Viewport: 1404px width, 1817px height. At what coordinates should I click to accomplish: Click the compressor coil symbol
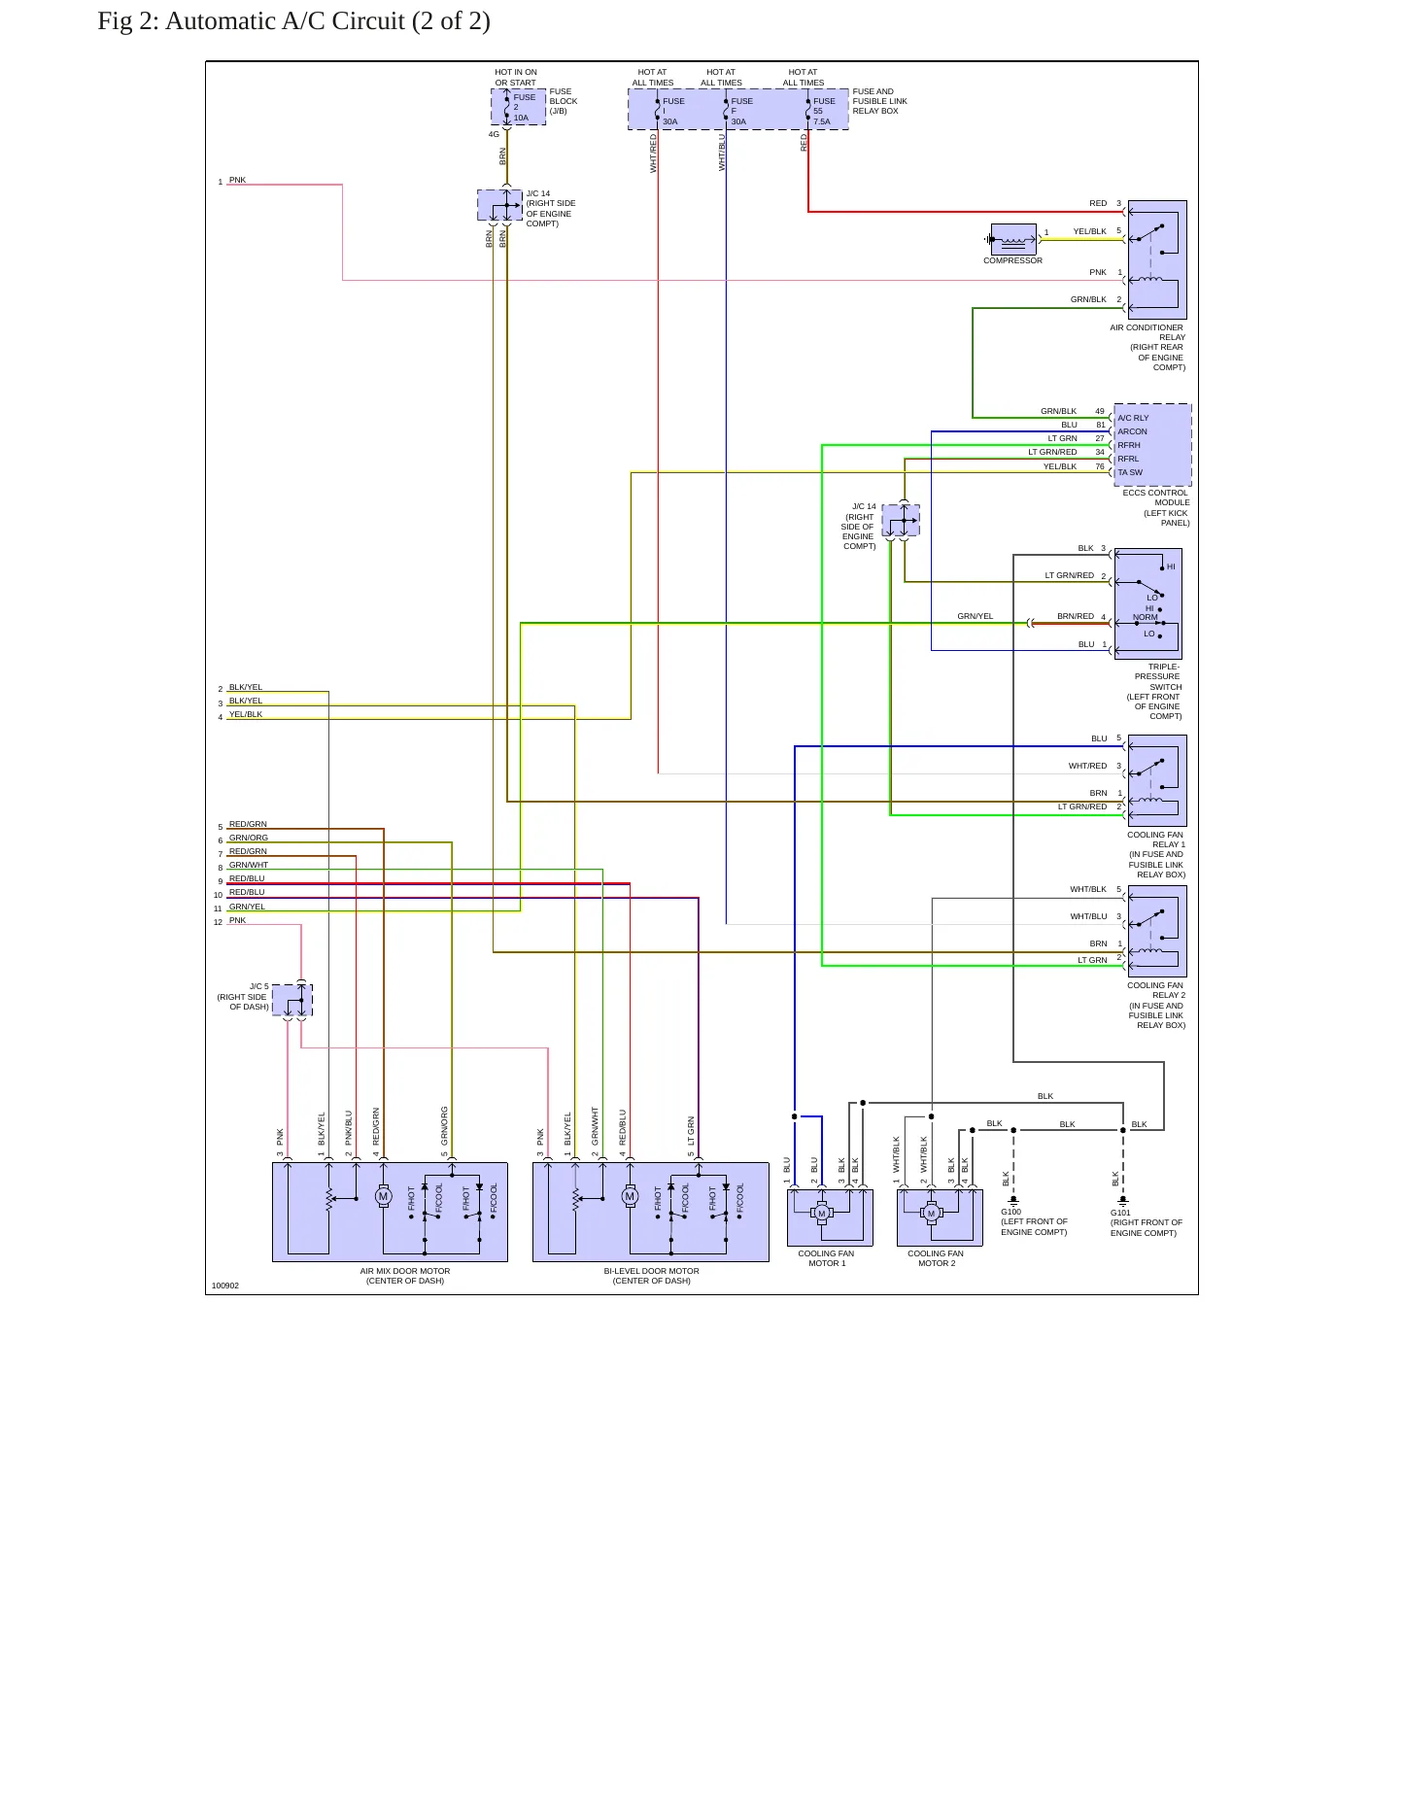pos(1013,239)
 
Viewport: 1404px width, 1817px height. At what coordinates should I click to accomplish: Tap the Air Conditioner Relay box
pos(1157,259)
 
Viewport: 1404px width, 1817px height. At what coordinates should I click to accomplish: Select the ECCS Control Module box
pos(1152,445)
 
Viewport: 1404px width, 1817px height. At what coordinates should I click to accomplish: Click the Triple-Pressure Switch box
pos(1147,603)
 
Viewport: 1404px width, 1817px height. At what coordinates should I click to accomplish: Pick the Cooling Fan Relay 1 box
pos(1157,780)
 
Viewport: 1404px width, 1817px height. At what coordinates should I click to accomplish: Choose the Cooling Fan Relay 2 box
pos(1157,931)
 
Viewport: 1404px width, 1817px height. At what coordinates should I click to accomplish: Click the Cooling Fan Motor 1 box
pos(830,1217)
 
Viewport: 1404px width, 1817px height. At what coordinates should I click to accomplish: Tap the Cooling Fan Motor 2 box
pos(940,1217)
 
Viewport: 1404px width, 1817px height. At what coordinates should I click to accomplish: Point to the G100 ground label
pos(1011,1212)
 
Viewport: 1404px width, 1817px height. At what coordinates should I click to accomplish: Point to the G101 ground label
pos(1120,1213)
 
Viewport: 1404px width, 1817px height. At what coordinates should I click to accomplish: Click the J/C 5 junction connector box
pos(292,1000)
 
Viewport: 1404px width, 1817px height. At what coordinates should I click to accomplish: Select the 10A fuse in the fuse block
pos(519,107)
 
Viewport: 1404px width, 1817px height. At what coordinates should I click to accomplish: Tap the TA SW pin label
pos(1130,472)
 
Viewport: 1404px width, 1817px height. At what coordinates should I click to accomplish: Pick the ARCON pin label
pos(1132,431)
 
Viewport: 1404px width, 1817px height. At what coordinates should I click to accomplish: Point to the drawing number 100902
pos(225,1286)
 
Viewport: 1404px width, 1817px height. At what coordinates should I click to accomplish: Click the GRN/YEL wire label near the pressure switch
pos(976,616)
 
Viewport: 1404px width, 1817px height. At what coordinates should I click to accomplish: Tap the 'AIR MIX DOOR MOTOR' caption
pos(405,1271)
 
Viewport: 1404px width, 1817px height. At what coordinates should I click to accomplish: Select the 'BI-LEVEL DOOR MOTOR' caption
pos(652,1271)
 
